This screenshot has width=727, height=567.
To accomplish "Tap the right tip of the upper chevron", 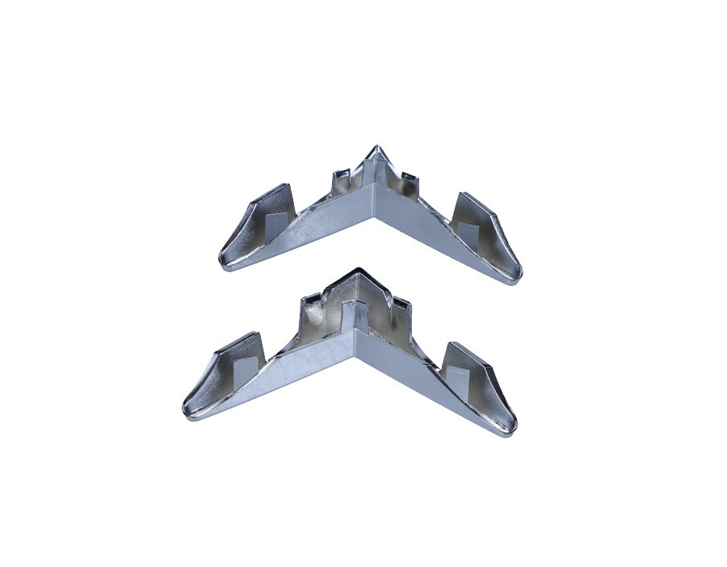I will click(x=518, y=279).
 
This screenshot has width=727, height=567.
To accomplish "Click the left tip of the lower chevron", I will click(x=187, y=412).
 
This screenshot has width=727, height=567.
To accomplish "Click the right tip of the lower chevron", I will click(x=513, y=430).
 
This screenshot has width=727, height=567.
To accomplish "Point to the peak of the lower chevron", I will click(x=352, y=271).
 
